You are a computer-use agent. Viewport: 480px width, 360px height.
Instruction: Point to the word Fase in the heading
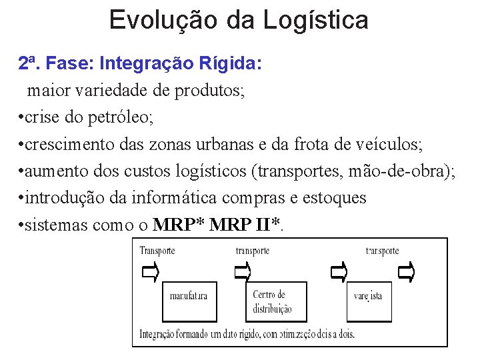(x=74, y=64)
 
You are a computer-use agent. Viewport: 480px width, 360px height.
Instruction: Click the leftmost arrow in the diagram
(x=151, y=272)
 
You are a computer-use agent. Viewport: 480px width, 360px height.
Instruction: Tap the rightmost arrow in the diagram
(x=406, y=271)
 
